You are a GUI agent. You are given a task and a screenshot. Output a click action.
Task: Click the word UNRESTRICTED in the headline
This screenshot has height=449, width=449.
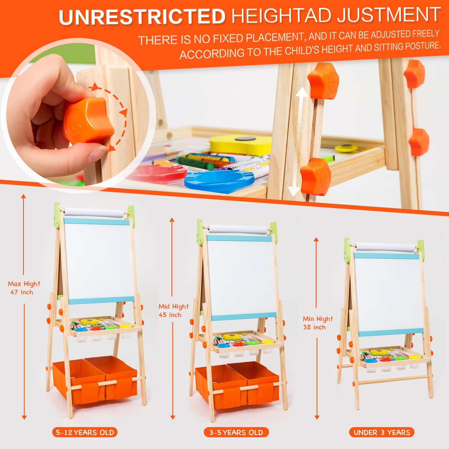click(x=142, y=16)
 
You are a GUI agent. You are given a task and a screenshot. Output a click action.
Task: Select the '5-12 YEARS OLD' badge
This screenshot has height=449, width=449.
click(x=85, y=432)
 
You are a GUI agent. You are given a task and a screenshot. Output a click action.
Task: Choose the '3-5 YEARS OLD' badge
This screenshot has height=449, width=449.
click(x=236, y=432)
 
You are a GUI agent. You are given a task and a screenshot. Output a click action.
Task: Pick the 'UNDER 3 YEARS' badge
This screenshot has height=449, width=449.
click(x=382, y=432)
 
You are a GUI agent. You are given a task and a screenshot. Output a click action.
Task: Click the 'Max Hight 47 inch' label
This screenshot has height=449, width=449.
click(x=24, y=288)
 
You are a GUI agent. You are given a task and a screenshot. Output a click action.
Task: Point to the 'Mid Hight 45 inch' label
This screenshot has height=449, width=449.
click(x=173, y=310)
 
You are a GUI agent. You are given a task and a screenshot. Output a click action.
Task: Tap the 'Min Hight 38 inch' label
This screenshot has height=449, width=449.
click(x=318, y=323)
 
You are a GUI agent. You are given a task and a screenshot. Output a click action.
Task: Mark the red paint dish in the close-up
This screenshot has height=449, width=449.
click(x=158, y=173)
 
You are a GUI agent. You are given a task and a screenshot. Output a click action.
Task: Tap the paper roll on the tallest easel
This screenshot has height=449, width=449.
click(x=94, y=213)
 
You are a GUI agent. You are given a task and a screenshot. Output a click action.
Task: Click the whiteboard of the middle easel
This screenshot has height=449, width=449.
click(x=241, y=277)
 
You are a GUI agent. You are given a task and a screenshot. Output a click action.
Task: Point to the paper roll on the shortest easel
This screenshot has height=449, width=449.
click(x=385, y=247)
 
